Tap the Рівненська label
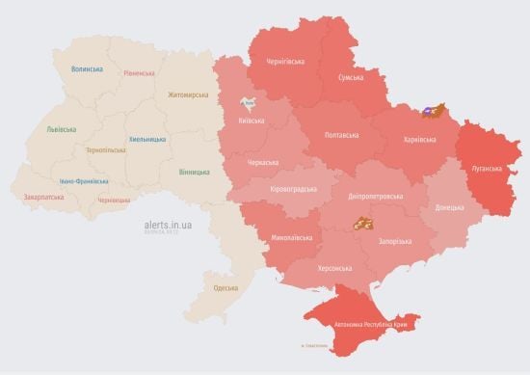click(x=140, y=74)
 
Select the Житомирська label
click(x=187, y=94)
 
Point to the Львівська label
click(x=64, y=129)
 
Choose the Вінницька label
click(x=194, y=172)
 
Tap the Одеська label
click(x=225, y=288)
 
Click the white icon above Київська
click(x=250, y=101)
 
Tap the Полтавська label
click(x=343, y=135)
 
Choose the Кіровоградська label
click(x=293, y=189)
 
